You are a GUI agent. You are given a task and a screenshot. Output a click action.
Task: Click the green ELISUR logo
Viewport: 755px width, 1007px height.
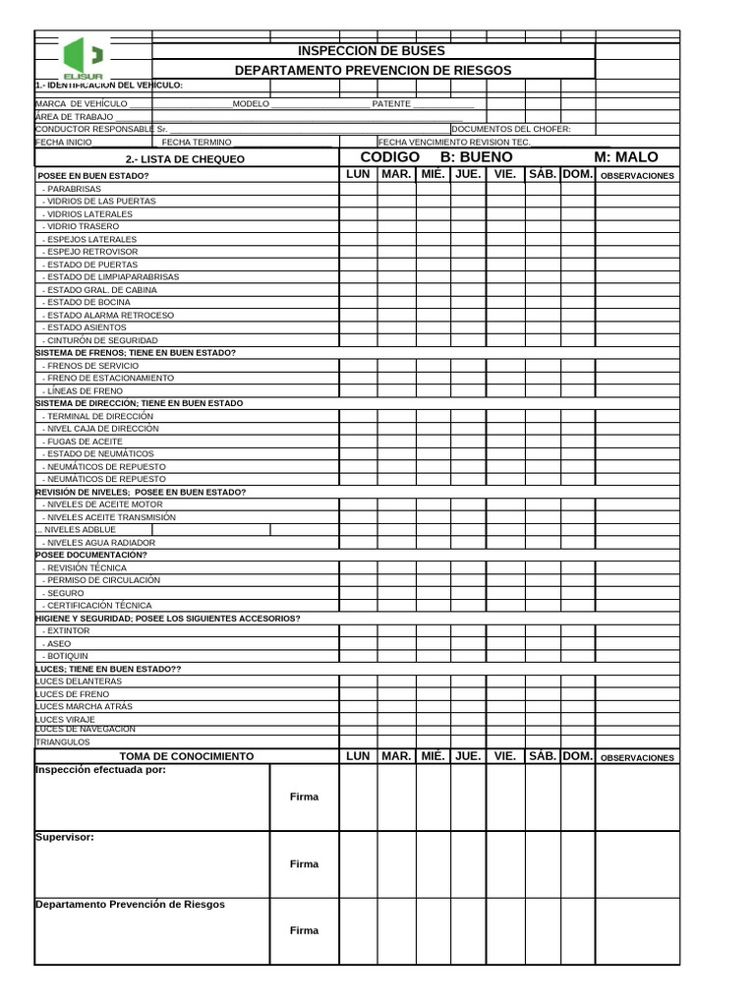(x=84, y=58)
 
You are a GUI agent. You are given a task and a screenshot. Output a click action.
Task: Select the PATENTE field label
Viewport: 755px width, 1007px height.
(x=391, y=103)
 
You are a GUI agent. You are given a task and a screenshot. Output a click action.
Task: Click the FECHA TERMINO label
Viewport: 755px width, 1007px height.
(x=203, y=143)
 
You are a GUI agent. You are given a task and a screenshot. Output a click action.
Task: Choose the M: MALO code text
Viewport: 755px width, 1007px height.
(x=626, y=157)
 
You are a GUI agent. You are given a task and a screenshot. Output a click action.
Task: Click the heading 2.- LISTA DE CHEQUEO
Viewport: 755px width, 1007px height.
(x=186, y=159)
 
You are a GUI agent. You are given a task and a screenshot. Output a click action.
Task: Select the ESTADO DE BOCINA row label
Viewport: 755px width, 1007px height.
(x=87, y=302)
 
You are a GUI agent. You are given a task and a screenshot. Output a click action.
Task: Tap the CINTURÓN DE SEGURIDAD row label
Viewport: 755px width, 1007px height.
(x=100, y=340)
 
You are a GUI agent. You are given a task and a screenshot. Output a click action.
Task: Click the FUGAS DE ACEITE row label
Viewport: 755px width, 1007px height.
(x=84, y=442)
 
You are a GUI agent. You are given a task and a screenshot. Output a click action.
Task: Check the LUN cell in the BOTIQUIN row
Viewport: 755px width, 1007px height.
(x=358, y=655)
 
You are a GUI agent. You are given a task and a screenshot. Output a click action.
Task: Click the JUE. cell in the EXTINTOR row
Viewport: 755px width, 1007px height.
(x=468, y=630)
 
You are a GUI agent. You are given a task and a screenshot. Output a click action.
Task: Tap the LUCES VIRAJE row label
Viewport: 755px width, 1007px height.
(x=66, y=719)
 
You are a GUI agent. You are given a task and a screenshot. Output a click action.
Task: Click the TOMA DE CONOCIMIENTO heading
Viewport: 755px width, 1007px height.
(x=186, y=756)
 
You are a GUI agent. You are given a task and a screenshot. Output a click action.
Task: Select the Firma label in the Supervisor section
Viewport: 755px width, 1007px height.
(x=304, y=863)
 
